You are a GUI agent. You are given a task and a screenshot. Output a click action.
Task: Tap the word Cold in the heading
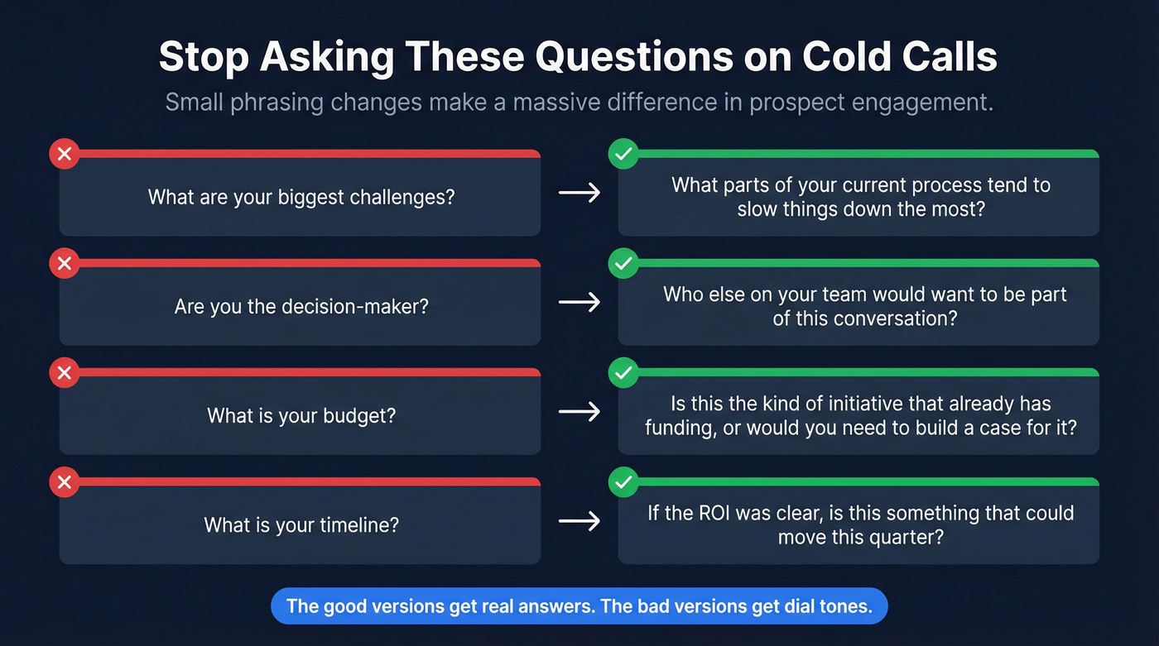(854, 57)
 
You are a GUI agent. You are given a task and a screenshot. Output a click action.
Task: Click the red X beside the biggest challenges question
(65, 154)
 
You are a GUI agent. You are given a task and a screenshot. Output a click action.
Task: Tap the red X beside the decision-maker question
(65, 264)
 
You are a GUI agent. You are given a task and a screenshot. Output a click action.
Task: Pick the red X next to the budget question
(65, 373)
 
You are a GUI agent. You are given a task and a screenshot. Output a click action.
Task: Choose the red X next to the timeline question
(65, 482)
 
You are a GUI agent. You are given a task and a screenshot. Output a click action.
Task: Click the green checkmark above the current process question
(623, 154)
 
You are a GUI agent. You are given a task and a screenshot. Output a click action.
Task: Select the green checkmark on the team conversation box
(623, 264)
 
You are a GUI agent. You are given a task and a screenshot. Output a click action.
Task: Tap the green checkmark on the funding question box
(623, 373)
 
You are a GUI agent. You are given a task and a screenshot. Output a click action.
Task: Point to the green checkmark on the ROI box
(623, 482)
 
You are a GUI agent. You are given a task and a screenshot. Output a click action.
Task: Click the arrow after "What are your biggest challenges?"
(579, 194)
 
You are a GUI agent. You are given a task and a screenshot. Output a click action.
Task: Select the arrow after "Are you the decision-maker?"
(579, 303)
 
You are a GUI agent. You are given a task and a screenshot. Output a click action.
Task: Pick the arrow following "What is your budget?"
(579, 412)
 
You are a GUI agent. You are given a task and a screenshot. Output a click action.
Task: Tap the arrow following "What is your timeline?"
(579, 521)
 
